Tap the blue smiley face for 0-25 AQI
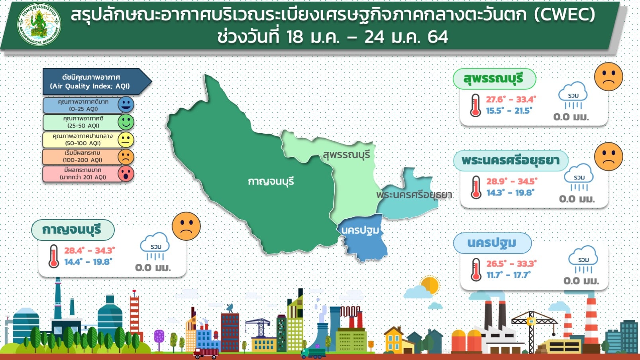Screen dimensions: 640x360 click(x=126, y=104)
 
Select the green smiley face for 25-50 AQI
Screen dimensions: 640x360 click(x=126, y=122)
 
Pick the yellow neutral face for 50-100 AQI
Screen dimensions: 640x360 click(x=126, y=140)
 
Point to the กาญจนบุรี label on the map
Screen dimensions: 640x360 click(x=271, y=181)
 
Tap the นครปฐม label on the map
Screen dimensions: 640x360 click(x=360, y=230)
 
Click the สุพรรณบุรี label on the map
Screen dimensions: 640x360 click(x=346, y=155)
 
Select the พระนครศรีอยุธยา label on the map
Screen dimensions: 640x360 click(x=414, y=195)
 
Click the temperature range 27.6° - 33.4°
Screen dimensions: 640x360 click(x=511, y=100)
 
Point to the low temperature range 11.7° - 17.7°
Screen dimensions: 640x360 click(x=508, y=275)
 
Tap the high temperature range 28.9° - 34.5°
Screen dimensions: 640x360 click(x=512, y=181)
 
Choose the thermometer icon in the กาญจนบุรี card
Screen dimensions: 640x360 click(x=53, y=256)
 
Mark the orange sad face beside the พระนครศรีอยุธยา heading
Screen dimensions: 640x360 click(x=609, y=156)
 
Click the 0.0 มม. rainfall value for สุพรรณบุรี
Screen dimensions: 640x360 click(x=571, y=117)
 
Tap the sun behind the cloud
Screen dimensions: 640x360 click(x=430, y=285)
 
